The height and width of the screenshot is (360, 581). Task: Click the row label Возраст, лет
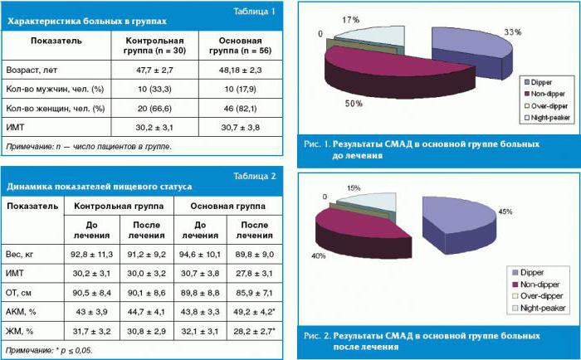[32, 71]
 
